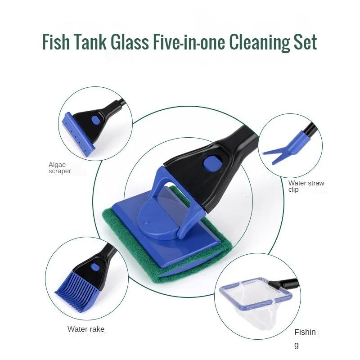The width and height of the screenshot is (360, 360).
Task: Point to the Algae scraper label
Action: point(59,168)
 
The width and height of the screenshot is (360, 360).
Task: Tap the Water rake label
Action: point(86,329)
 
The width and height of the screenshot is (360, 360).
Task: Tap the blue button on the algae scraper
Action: point(95,120)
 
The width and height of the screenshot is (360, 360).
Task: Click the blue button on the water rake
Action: point(95,267)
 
